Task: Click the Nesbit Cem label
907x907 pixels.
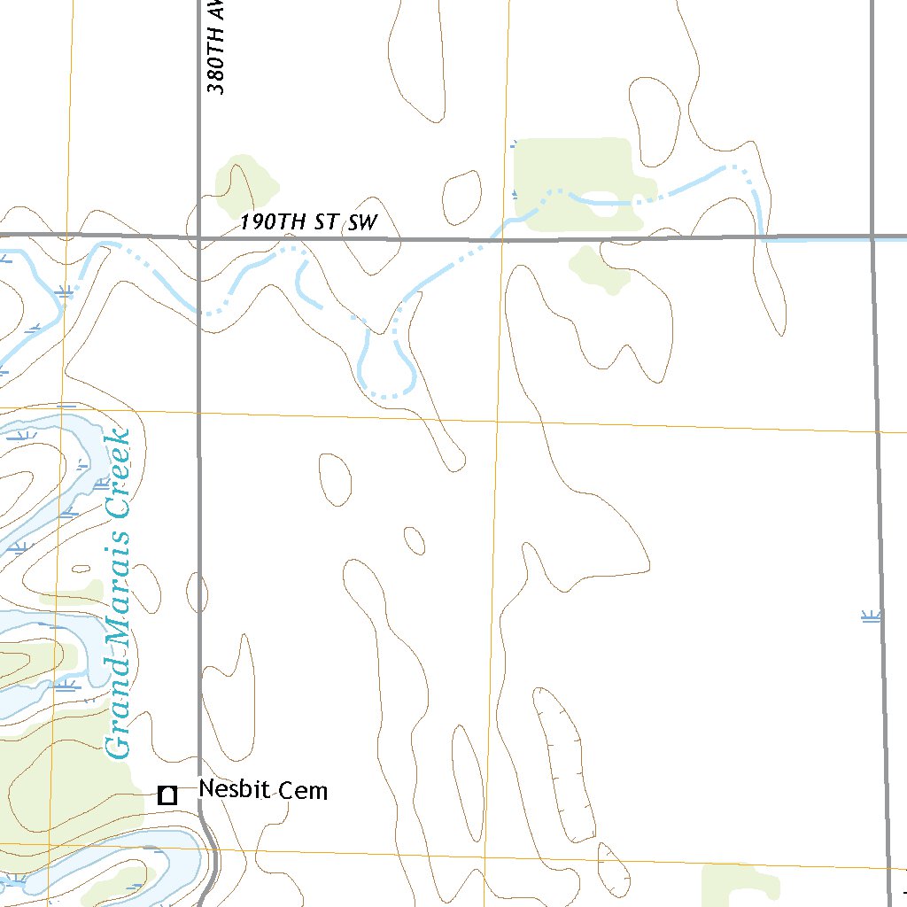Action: pos(263,789)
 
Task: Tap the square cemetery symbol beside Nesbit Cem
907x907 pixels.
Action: pos(167,795)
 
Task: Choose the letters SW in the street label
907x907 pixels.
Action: pos(362,222)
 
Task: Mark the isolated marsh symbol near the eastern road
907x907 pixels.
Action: pos(872,616)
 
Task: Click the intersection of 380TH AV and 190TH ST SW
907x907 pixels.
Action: pos(198,237)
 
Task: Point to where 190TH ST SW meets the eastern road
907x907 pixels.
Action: pos(873,237)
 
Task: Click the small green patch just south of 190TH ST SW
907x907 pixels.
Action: pos(599,269)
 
